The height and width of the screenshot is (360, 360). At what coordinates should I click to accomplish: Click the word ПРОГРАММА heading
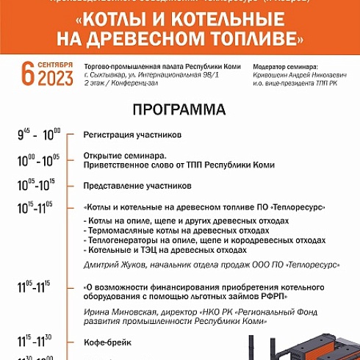(180, 112)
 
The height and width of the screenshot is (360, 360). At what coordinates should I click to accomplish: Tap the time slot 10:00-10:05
(39, 159)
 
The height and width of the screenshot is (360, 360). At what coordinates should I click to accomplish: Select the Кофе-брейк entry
(107, 340)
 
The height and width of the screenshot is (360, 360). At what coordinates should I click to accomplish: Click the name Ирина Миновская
(112, 311)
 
